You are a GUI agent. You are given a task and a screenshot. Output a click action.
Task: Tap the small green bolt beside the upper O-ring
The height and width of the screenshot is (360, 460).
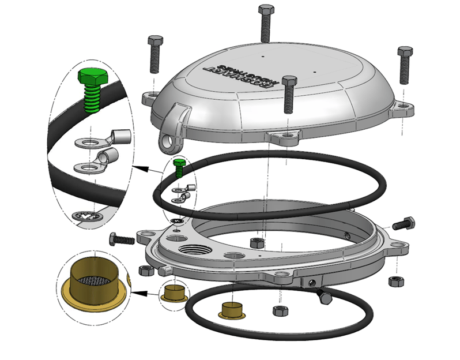click(179, 167)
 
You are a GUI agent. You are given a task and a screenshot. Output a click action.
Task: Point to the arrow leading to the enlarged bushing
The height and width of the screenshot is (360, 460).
click(144, 292)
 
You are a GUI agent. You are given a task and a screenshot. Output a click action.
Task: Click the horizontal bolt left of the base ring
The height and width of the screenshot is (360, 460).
click(121, 237)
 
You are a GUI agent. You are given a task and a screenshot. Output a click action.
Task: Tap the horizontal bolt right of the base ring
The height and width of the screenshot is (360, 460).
click(403, 223)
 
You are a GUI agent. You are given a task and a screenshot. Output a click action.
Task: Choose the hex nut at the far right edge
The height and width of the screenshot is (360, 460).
click(396, 281)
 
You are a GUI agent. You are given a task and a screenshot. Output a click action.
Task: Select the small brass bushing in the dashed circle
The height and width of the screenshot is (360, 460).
click(173, 292)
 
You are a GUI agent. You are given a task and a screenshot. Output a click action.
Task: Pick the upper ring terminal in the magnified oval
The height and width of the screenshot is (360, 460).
click(100, 138)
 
